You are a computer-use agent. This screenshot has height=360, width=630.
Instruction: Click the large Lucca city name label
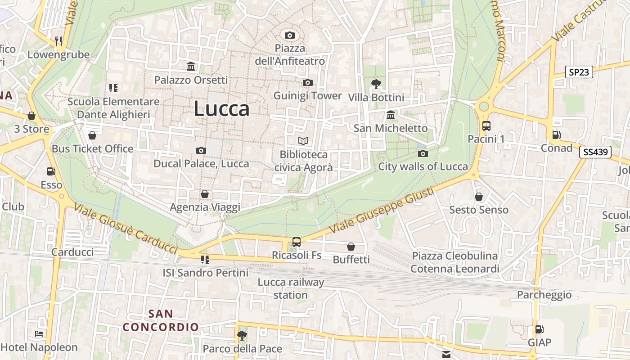(221, 109)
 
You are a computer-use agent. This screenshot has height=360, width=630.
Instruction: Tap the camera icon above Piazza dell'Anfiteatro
(290, 35)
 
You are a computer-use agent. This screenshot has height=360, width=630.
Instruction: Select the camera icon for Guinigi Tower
(308, 82)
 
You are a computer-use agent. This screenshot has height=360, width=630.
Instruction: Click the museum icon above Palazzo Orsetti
(191, 67)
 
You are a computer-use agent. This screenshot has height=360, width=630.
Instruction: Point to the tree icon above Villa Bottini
(376, 84)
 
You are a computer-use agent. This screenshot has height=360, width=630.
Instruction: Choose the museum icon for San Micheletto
(391, 115)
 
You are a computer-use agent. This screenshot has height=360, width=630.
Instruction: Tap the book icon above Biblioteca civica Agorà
(304, 141)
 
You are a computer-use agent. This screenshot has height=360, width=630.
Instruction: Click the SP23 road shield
(579, 72)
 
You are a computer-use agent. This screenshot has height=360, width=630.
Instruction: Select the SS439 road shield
(595, 152)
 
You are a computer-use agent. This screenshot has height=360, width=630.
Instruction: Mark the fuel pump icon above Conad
(557, 135)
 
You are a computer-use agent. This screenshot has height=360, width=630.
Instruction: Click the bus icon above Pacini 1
(486, 126)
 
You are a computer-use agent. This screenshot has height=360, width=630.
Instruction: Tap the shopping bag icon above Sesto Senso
(479, 197)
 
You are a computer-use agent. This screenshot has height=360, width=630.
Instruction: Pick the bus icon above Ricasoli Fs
(297, 242)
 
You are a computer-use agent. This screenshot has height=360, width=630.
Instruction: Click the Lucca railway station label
(291, 288)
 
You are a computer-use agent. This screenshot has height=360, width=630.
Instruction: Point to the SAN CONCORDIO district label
(161, 320)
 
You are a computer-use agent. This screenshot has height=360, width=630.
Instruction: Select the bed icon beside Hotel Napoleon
(39, 334)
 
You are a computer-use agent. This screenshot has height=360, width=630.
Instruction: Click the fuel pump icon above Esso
(51, 171)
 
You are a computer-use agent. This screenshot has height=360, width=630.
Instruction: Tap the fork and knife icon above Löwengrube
(58, 41)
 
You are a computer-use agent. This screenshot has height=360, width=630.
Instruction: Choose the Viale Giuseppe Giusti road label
(382, 210)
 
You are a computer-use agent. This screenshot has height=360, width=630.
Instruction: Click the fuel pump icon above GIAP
(539, 329)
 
